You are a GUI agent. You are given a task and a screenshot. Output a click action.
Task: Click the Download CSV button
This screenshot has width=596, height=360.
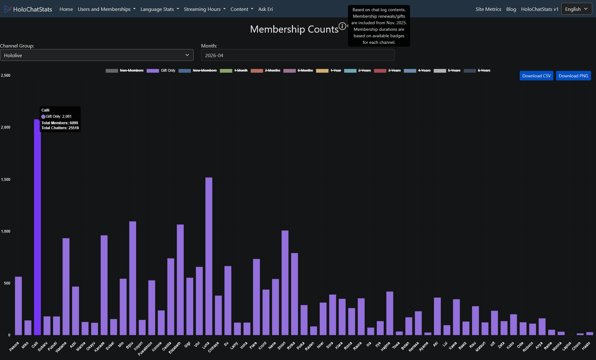536,76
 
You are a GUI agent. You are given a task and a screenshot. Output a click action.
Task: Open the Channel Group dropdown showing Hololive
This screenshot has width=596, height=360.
97,55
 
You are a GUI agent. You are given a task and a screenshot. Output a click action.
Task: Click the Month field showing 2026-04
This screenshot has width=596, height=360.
298,55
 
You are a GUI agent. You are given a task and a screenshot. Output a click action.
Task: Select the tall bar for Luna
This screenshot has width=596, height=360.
209,256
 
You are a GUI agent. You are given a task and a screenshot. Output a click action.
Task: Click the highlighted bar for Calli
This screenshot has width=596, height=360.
37,227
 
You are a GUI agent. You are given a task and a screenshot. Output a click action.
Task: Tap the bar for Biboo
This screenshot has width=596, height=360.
133,278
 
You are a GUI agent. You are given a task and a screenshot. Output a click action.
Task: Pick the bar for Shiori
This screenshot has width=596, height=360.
285,283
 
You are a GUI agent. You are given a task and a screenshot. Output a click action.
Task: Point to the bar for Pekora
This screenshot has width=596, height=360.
18,306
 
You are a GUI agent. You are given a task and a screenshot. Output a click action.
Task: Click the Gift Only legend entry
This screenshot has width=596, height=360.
161,71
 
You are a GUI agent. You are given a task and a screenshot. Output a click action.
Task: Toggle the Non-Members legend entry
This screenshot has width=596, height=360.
124,71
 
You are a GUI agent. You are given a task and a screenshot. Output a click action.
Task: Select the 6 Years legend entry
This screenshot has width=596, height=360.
477,71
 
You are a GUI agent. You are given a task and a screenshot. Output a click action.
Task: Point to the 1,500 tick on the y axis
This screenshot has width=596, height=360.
6,179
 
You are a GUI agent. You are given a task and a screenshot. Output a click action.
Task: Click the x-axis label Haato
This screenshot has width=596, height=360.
586,346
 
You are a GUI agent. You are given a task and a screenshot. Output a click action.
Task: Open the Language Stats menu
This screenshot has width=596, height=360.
160,9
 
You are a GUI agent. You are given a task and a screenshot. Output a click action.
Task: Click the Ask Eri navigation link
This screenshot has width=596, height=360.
265,9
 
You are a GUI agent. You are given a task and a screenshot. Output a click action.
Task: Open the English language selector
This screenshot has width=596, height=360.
576,9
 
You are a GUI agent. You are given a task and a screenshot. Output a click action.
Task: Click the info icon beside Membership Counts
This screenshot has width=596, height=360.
342,26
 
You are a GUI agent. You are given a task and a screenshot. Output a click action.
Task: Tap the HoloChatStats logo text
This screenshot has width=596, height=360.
33,9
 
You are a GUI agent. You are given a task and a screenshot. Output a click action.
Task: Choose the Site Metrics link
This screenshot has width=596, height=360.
488,9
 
